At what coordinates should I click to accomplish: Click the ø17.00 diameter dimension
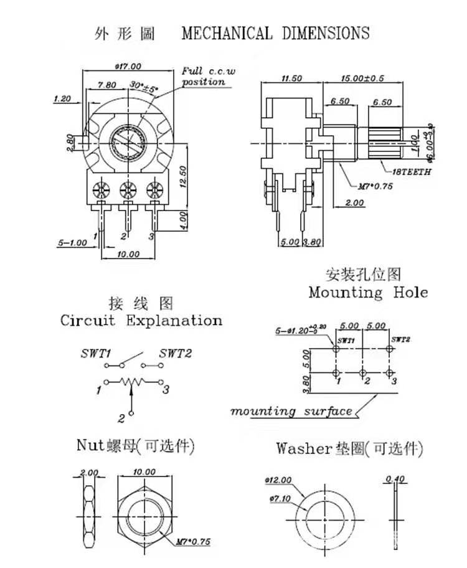(129, 66)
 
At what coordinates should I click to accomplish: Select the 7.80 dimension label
(107, 85)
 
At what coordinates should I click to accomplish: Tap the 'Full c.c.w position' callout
(208, 77)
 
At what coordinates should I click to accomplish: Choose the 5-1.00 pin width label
(73, 243)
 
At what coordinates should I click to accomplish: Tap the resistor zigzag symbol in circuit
(132, 381)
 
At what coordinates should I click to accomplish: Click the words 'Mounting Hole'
(367, 292)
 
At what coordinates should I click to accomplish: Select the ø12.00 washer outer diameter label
(278, 481)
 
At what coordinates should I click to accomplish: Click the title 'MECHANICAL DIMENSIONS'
(275, 33)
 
